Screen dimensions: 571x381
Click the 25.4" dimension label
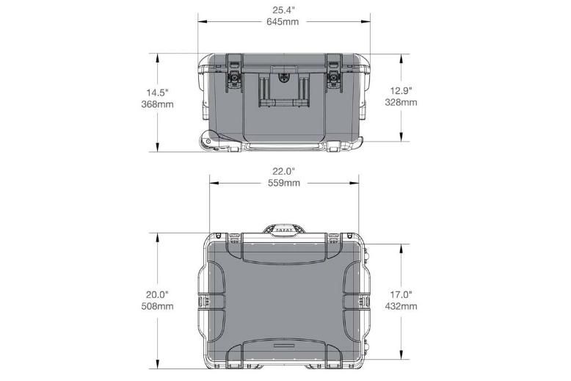[283, 10]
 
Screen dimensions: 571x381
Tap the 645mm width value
[283, 22]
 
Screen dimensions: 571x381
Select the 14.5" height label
[157, 92]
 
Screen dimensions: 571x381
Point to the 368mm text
[157, 104]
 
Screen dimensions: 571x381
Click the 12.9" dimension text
[401, 90]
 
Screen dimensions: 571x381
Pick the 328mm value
[401, 102]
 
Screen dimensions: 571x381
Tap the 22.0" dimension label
[284, 171]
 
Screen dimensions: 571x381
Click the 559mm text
[284, 183]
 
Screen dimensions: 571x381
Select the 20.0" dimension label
[157, 294]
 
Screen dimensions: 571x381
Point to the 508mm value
[157, 307]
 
